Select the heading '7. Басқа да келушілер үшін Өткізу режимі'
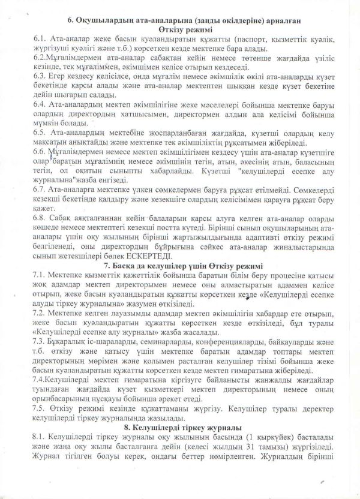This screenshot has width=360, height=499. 182,264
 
